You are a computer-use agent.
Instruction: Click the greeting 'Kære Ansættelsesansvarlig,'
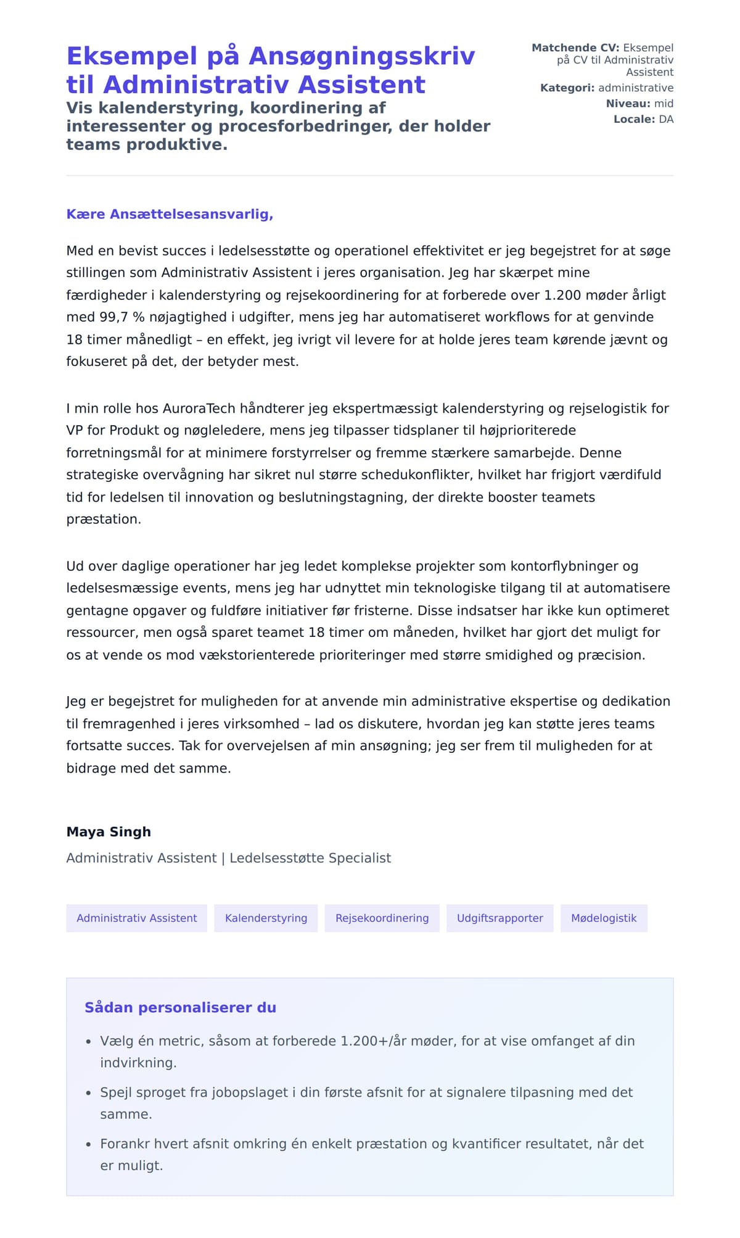click(170, 214)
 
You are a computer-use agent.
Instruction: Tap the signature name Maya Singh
click(109, 832)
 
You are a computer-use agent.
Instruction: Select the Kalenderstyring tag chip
click(266, 918)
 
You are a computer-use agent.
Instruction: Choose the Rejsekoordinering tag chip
click(382, 918)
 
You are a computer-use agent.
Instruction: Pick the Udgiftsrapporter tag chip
click(499, 918)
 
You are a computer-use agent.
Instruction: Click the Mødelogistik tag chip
click(604, 918)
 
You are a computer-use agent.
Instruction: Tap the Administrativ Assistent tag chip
click(136, 918)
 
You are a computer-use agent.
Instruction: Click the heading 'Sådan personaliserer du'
click(180, 1008)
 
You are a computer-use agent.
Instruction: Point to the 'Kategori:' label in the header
click(567, 88)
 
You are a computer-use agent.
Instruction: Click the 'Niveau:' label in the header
click(628, 104)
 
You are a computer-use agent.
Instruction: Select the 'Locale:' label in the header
click(634, 119)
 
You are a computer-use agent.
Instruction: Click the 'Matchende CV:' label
click(575, 48)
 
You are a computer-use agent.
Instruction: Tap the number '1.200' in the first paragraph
click(562, 295)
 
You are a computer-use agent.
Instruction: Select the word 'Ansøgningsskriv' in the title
click(362, 56)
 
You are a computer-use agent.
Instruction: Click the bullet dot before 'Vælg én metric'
click(89, 1042)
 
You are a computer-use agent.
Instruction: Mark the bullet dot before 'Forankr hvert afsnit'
click(89, 1145)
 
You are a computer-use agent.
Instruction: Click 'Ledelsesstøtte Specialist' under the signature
click(310, 858)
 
